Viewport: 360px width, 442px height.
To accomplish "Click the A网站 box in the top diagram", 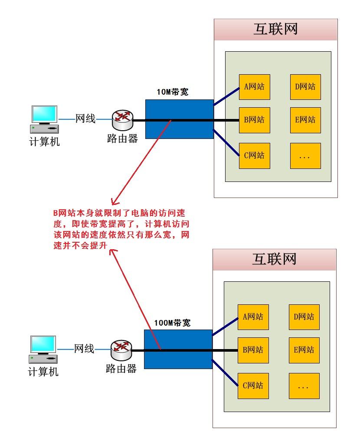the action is tap(254, 87).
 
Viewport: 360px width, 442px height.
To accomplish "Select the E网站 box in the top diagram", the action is tap(305, 120).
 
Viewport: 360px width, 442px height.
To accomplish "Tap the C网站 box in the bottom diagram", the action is tap(253, 386).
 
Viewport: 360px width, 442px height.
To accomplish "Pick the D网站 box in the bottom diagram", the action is tap(304, 317).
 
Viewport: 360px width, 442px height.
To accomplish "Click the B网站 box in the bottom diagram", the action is tap(253, 350).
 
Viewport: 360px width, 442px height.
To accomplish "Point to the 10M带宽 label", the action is tap(172, 92).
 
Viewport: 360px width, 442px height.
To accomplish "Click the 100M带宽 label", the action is tap(172, 323).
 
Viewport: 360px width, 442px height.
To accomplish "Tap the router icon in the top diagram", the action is tap(123, 120).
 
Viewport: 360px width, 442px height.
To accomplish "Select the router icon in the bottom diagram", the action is tap(121, 350).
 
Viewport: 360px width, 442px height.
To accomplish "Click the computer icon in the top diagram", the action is tap(44, 119).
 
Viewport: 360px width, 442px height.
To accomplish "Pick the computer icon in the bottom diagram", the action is tap(43, 350).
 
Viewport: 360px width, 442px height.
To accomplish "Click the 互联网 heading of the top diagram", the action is tap(275, 29).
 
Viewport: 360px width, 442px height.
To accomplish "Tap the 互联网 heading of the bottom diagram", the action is tap(275, 259).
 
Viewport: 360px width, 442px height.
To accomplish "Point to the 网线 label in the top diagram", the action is tap(85, 119).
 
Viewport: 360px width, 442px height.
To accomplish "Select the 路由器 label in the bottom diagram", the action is tap(121, 369).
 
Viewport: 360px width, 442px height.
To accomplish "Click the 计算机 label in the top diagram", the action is tap(45, 142).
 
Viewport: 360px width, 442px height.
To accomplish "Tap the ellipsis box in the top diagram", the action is tap(305, 156).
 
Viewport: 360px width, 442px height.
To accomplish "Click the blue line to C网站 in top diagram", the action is tap(226, 143).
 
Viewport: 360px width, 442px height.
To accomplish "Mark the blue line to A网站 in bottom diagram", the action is tap(225, 327).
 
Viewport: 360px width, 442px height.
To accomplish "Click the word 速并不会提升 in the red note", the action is tap(80, 245).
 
